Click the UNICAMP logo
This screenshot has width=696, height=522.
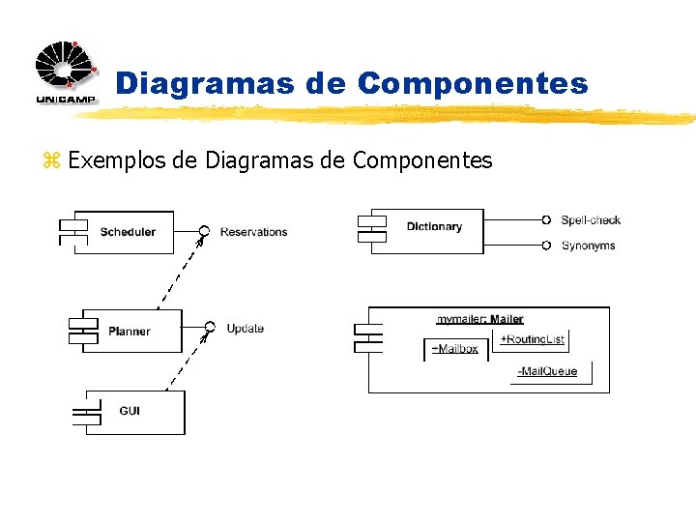66,72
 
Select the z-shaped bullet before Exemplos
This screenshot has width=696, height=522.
50,160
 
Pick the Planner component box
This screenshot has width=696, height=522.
130,332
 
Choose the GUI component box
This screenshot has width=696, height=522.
134,411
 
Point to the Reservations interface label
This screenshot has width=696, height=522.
253,232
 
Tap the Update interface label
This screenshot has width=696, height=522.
245,329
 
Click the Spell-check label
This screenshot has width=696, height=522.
591,220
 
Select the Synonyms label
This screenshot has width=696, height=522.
588,246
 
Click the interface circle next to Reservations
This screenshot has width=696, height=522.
204,230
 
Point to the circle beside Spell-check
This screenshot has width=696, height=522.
546,219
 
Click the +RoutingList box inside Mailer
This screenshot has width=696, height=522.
531,339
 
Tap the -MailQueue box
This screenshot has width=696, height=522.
549,372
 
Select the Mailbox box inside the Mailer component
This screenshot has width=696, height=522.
453,349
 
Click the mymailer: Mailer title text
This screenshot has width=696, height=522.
480,319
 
